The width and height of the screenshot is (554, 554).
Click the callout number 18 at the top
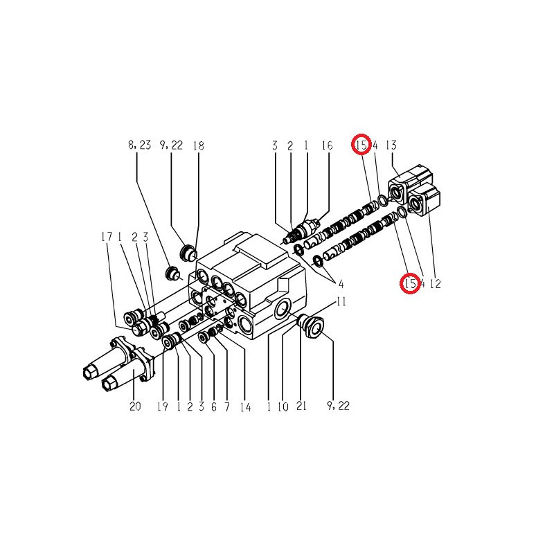(x=199, y=145)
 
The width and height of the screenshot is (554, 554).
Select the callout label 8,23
(x=140, y=145)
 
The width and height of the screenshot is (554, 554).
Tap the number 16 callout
(x=327, y=145)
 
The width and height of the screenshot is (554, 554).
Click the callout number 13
(x=391, y=145)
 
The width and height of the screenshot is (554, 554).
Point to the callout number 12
(x=436, y=283)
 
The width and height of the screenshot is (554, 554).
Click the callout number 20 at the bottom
(x=135, y=406)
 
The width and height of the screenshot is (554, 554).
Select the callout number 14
(x=246, y=407)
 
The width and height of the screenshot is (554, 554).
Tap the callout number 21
(x=301, y=406)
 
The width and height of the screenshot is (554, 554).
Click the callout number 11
(x=341, y=301)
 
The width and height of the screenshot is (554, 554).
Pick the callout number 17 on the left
(x=107, y=237)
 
